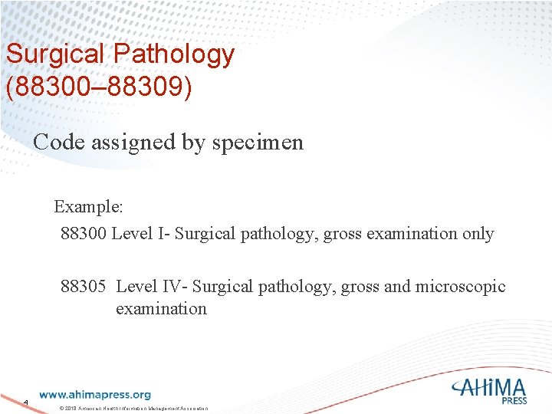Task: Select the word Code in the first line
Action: pos(58,142)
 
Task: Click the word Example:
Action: pos(88,207)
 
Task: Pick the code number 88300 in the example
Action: pos(84,233)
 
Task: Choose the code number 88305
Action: pos(84,287)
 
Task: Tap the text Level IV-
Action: pos(151,287)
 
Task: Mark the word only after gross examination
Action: pos(478,233)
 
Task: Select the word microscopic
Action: pos(460,287)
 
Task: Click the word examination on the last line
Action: pos(161,309)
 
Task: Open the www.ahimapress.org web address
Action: pos(95,395)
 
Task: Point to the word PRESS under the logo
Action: pos(515,400)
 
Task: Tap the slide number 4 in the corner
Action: pos(25,402)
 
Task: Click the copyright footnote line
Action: pos(134,409)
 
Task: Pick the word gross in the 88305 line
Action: pos(360,287)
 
